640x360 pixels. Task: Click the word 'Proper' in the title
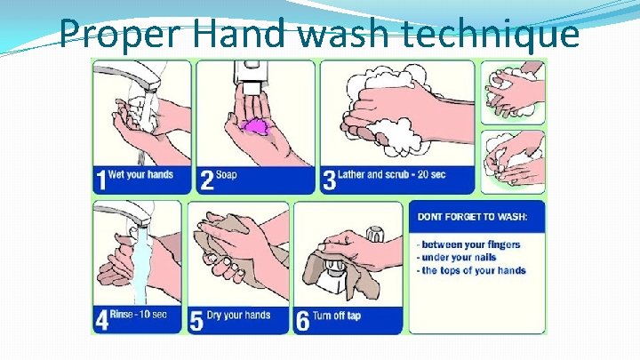coord(120,33)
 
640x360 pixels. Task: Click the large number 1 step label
coord(100,180)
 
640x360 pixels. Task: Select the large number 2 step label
coord(207,180)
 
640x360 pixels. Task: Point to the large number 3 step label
coord(330,180)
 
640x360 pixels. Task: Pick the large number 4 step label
coord(101,320)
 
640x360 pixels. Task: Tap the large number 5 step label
coord(196,320)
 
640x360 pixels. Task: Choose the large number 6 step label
coord(303,321)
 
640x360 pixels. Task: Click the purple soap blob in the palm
coord(256,125)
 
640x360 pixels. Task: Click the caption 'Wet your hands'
coord(140,175)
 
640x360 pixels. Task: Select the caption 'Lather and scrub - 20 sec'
coord(391,175)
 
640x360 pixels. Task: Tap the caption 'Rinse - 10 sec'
coord(139,315)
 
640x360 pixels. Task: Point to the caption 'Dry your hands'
coord(239,315)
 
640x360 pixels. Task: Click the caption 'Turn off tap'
coord(337,316)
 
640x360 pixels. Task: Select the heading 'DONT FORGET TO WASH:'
coord(472,216)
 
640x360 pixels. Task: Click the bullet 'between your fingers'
coord(468,245)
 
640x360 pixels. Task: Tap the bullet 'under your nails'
coord(456,258)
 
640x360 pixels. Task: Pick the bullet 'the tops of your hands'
coord(471,270)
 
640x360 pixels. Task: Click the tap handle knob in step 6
coord(375,234)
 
